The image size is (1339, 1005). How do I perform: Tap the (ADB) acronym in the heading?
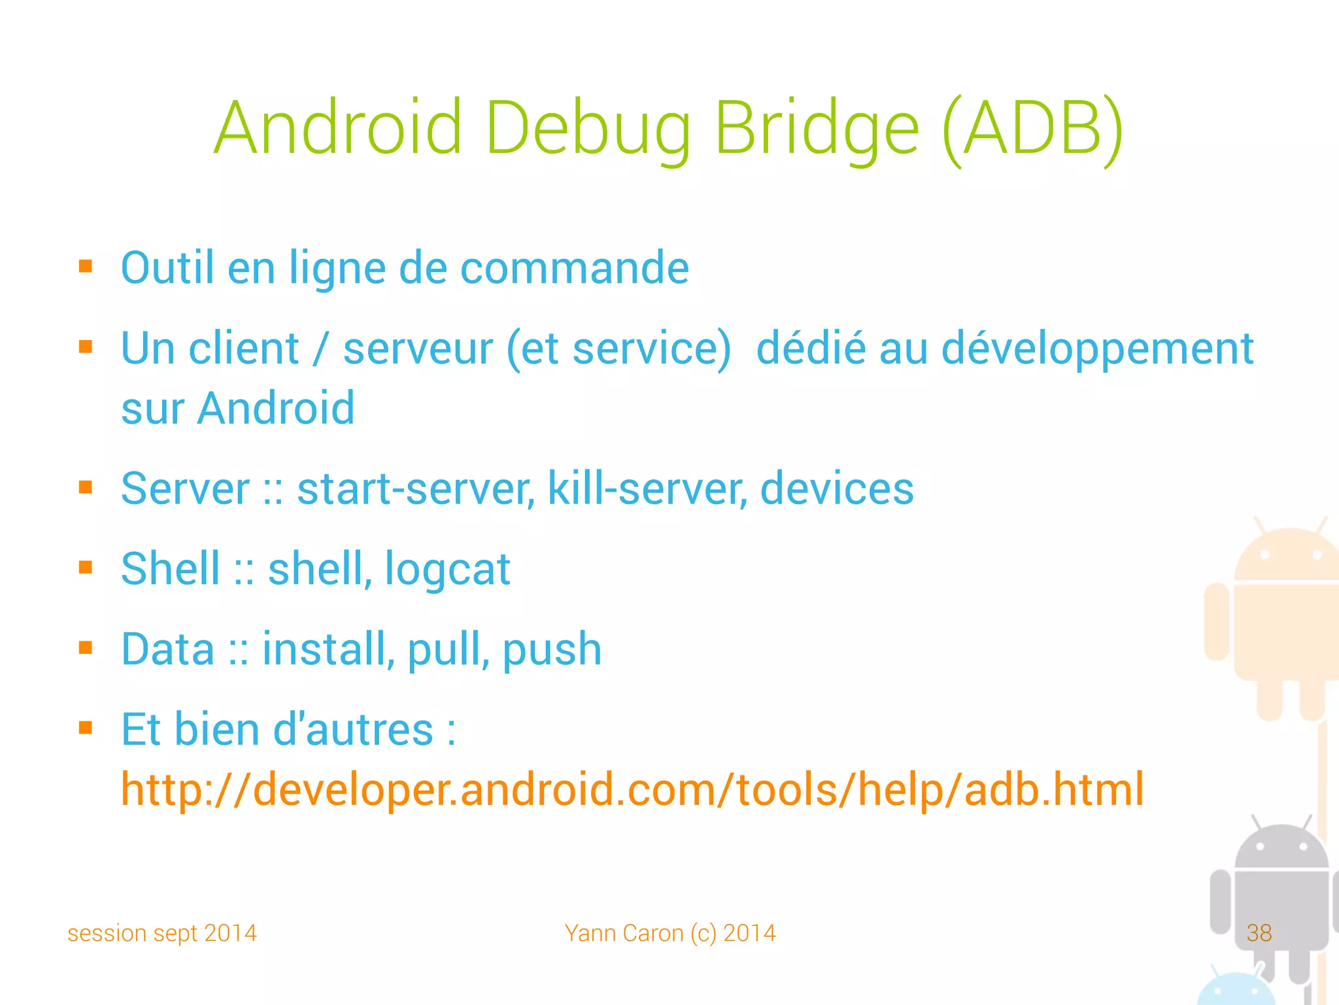1033,129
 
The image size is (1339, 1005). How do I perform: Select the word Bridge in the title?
817,129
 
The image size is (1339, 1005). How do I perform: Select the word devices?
837,488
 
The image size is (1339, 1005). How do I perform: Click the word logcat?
447,569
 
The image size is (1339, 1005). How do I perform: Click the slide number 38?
1259,932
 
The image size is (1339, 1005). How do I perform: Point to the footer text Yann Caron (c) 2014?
670,933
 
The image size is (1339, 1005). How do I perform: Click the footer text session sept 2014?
162,933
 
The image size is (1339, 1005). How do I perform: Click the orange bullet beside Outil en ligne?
86,266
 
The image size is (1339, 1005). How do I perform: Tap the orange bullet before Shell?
86,567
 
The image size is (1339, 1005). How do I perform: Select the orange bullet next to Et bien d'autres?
86,728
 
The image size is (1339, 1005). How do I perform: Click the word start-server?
416,488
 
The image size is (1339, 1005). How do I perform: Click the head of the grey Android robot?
1281,847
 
